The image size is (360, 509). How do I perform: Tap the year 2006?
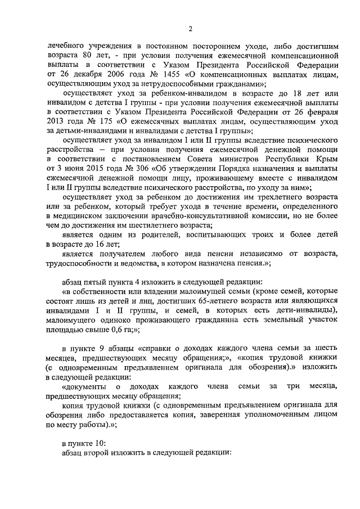(103, 74)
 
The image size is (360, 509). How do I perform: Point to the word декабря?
(74, 74)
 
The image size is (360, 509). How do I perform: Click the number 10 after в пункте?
(96, 443)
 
